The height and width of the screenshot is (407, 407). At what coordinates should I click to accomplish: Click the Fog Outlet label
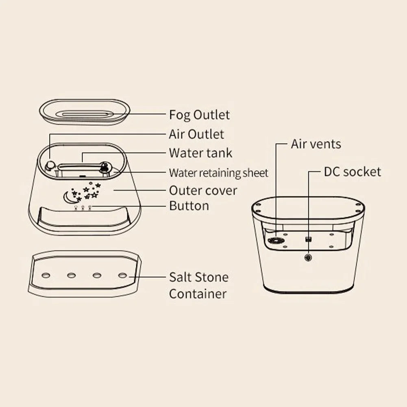(199, 115)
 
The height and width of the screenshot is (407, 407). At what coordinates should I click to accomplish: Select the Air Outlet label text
(196, 134)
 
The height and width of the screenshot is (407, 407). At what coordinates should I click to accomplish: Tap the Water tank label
(200, 153)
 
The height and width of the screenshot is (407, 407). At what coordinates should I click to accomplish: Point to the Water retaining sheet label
(218, 173)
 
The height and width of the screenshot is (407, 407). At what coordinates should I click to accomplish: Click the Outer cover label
(203, 190)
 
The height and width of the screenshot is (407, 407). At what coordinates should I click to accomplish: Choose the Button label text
(189, 206)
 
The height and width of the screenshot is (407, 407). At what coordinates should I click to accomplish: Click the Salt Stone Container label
(198, 285)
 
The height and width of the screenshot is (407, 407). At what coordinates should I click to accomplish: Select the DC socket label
(353, 172)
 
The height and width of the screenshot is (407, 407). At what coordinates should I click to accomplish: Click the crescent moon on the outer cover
(68, 197)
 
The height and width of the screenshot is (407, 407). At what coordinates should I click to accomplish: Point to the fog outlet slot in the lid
(85, 114)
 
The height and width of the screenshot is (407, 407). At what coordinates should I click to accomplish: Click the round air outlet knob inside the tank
(50, 165)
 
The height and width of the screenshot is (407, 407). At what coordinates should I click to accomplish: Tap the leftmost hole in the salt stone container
(46, 276)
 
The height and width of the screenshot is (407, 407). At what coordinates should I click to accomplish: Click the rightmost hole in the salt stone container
(122, 275)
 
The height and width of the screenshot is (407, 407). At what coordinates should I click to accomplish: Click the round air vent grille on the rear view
(275, 241)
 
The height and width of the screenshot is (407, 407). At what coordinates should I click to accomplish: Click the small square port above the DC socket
(308, 239)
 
